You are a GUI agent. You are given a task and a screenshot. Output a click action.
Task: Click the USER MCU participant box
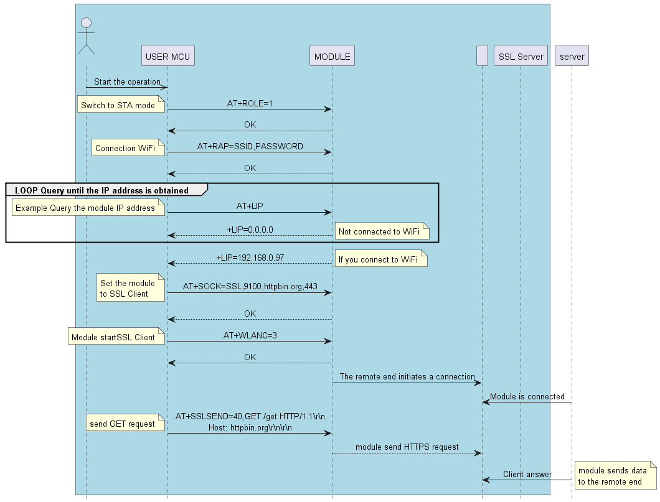[167, 57]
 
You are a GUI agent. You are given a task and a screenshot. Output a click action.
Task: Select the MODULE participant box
[332, 57]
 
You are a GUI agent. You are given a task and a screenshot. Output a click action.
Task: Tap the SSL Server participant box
[521, 57]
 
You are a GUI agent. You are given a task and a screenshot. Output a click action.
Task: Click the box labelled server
[572, 57]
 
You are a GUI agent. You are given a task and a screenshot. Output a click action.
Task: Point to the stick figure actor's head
[86, 24]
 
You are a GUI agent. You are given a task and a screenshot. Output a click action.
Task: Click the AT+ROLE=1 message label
[250, 103]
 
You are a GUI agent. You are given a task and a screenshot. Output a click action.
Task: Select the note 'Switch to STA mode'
[118, 105]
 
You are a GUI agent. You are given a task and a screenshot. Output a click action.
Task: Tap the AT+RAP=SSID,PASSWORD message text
[250, 146]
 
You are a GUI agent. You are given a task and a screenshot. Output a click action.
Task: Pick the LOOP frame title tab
[106, 189]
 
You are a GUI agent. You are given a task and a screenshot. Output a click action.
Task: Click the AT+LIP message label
[250, 205]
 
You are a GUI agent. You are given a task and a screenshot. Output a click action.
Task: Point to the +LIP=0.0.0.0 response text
[250, 230]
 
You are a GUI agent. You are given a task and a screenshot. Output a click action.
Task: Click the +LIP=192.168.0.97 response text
[250, 257]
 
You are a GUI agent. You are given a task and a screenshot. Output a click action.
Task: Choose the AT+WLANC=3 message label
[250, 335]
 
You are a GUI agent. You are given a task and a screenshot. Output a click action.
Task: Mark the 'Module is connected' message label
[527, 396]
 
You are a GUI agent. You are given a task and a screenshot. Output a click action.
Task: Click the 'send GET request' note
[123, 424]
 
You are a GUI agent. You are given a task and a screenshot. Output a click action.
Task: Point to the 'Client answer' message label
[527, 474]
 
